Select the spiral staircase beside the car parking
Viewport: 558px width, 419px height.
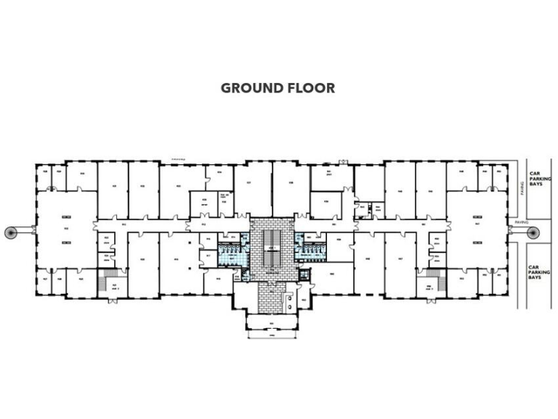click(x=533, y=232)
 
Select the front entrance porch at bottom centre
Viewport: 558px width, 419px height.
click(x=271, y=320)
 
